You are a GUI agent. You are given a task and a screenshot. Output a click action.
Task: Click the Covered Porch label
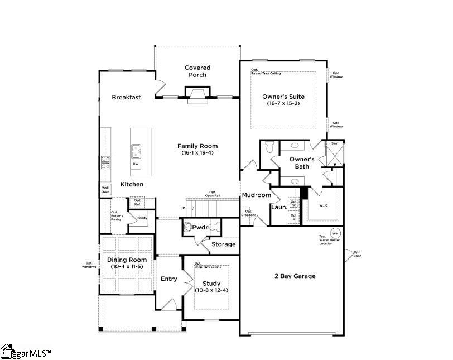[197, 71]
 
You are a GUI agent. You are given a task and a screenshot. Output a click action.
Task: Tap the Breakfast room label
[126, 97]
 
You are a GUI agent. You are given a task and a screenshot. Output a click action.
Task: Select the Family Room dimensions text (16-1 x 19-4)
[197, 153]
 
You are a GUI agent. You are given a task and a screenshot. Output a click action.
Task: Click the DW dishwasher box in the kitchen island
[136, 164]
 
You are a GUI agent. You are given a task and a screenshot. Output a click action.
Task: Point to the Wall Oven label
[105, 190]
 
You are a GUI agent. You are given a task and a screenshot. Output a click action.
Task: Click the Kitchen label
[132, 184]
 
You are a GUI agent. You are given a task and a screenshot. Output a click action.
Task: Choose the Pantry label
[142, 218]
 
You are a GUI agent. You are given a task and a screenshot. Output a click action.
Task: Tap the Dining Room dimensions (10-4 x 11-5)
[127, 267]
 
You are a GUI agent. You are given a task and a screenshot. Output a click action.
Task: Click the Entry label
[169, 279]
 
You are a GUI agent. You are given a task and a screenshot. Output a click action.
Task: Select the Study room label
[211, 284]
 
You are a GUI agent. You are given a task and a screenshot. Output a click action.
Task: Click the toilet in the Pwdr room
[211, 228]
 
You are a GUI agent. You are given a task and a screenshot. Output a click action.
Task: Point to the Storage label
[223, 244]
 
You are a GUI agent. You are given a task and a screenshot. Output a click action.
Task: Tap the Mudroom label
[256, 195]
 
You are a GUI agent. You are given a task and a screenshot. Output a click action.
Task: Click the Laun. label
[279, 207]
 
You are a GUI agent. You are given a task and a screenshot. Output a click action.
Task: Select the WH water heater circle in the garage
[335, 233]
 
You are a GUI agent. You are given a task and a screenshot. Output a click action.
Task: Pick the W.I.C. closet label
[323, 205]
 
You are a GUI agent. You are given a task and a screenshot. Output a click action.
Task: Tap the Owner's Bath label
[302, 163]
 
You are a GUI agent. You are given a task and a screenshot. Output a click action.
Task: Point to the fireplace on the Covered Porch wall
[197, 95]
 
